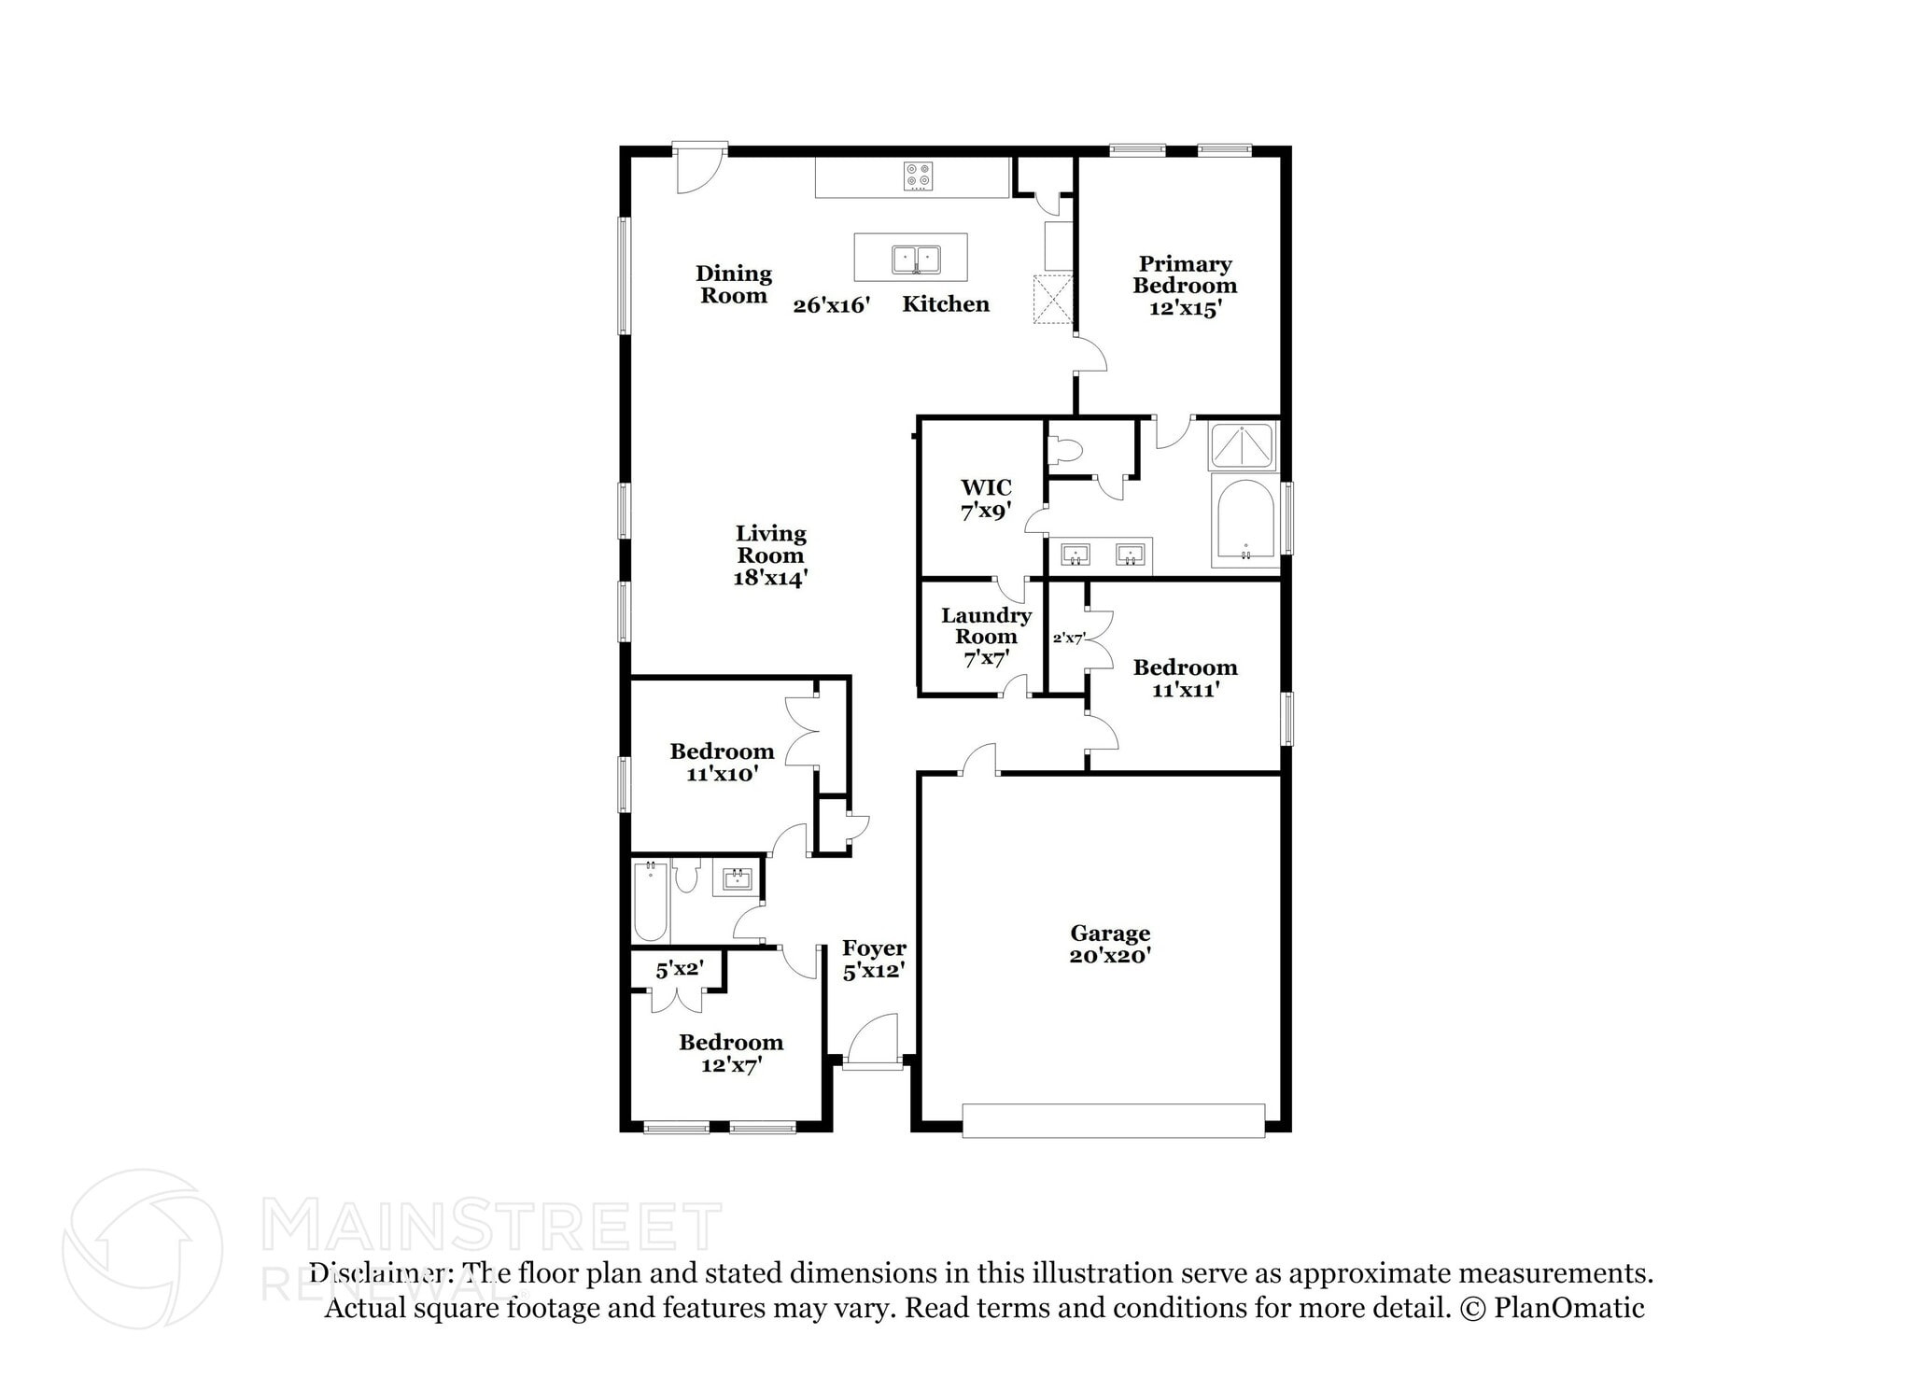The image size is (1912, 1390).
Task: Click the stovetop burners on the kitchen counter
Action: [918, 176]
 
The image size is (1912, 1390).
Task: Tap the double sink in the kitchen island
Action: [915, 259]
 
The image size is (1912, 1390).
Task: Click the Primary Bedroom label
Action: [1185, 286]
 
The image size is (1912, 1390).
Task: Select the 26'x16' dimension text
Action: [831, 305]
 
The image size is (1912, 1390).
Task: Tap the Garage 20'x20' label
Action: [1110, 944]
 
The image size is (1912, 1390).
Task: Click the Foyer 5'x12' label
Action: [874, 960]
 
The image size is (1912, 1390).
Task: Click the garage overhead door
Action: [1113, 1120]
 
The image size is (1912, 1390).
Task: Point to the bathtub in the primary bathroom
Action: [1245, 522]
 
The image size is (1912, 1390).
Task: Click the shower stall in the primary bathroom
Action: [1242, 446]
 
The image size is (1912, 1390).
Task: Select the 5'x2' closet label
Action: [679, 969]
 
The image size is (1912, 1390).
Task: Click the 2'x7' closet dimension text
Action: [1068, 639]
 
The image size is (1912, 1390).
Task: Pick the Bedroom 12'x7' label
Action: [730, 1053]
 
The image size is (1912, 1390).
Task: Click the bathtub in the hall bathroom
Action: [651, 902]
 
